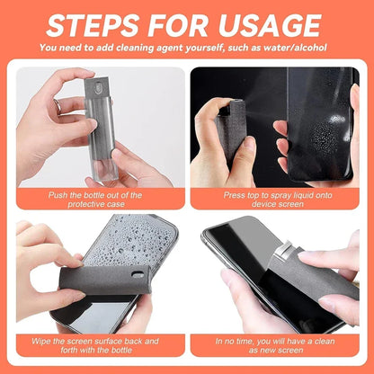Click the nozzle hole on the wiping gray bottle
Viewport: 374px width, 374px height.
[138, 274]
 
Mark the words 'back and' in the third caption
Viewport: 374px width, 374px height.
[145, 342]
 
